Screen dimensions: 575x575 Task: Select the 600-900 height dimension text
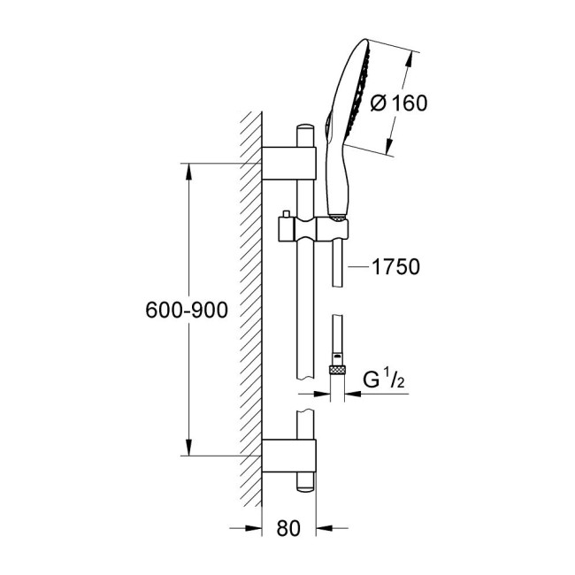pos(188,310)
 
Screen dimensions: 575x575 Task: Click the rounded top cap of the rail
pos(305,133)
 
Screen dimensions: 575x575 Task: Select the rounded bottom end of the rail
pos(305,485)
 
